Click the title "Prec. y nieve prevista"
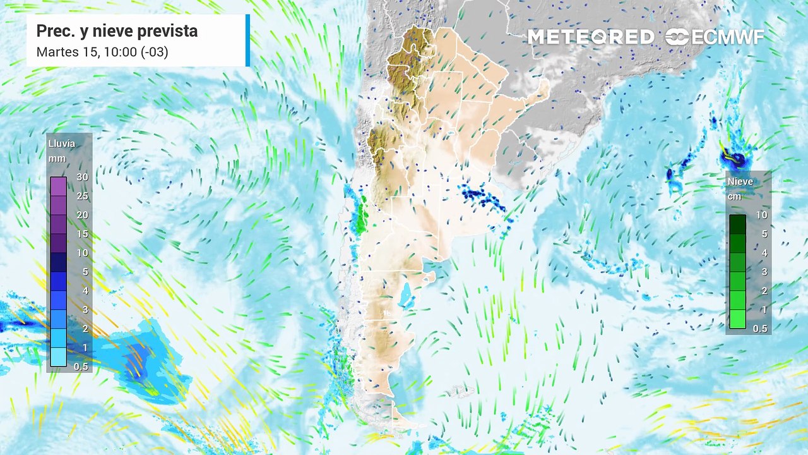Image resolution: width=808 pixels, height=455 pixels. click(x=117, y=31)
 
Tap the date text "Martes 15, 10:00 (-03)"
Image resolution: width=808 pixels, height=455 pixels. click(x=102, y=52)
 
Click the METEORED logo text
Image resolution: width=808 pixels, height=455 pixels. click(x=591, y=37)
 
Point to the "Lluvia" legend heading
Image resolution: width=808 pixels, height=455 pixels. click(x=62, y=143)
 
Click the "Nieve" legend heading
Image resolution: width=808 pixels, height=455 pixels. click(x=740, y=181)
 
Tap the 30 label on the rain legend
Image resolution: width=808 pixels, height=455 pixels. click(x=82, y=178)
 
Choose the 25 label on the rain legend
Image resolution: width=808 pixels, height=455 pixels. click(x=82, y=197)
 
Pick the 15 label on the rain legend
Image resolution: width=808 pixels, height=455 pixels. click(x=82, y=234)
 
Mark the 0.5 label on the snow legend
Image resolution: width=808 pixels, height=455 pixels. click(x=760, y=329)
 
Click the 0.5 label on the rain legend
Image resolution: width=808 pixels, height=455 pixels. click(x=81, y=367)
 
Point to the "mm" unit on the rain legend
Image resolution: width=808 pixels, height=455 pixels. click(x=57, y=159)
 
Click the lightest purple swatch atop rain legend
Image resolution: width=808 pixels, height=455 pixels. click(x=58, y=186)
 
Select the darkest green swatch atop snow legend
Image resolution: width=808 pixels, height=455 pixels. click(x=737, y=224)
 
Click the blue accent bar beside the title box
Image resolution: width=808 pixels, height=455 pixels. click(x=247, y=40)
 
